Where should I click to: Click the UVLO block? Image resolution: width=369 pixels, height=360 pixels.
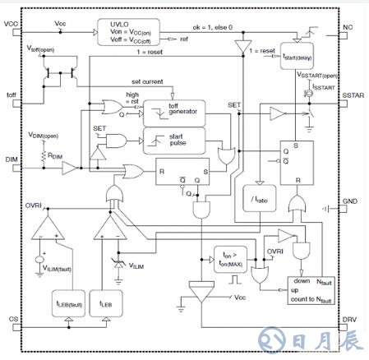(x=131, y=31)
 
